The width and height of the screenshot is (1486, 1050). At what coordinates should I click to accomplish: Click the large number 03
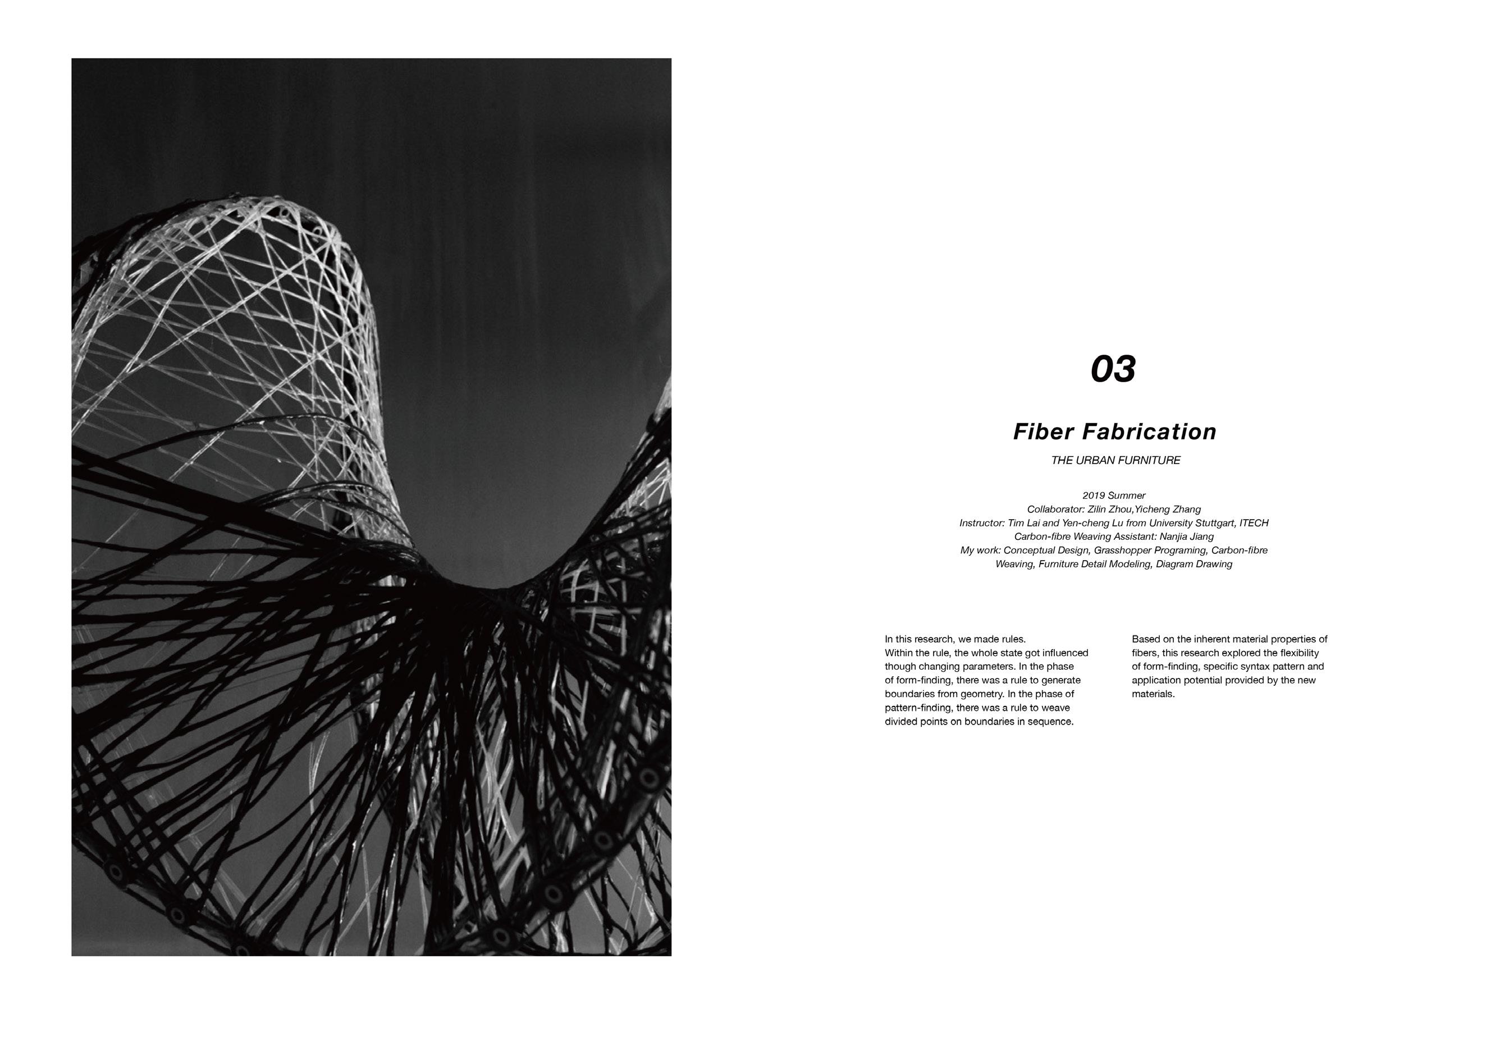pyautogui.click(x=1113, y=369)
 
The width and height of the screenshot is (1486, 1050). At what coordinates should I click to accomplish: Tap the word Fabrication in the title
pyautogui.click(x=1150, y=432)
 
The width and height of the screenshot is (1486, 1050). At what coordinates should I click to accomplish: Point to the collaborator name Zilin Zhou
pyautogui.click(x=1109, y=509)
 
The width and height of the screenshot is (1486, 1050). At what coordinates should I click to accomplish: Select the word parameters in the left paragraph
pyautogui.click(x=987, y=666)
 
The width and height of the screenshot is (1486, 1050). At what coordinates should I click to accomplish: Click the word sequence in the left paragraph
pyautogui.click(x=1054, y=721)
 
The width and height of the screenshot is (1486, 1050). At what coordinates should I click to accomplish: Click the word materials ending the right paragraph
pyautogui.click(x=1153, y=694)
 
